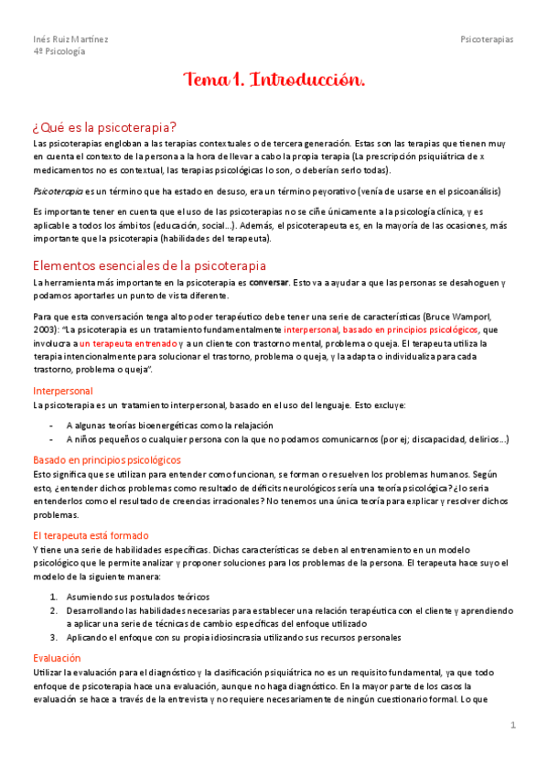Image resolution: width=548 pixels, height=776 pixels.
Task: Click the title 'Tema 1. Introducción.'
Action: pos(274,81)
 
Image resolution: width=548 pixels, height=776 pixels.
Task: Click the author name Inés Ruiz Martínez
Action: pos(70,39)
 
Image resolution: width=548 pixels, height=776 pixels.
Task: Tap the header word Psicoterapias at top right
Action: pos(487,39)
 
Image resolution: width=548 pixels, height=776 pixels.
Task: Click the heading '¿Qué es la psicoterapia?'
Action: pos(104,126)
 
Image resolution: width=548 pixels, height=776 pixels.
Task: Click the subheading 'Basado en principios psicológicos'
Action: pos(107,459)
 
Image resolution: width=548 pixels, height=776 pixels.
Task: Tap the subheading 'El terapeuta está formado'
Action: pos(91,535)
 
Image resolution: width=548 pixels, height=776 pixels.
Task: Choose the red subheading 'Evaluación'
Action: pos(57,658)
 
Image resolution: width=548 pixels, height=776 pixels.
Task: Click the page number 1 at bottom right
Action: pos(514,726)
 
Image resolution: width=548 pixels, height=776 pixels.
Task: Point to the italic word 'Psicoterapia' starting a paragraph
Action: pos(57,191)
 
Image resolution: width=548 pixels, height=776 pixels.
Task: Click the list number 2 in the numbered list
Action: pos(53,609)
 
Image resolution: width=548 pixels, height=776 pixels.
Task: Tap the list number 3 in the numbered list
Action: pos(53,637)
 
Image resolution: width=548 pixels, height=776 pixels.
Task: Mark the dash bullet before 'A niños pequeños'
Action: pos(50,439)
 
